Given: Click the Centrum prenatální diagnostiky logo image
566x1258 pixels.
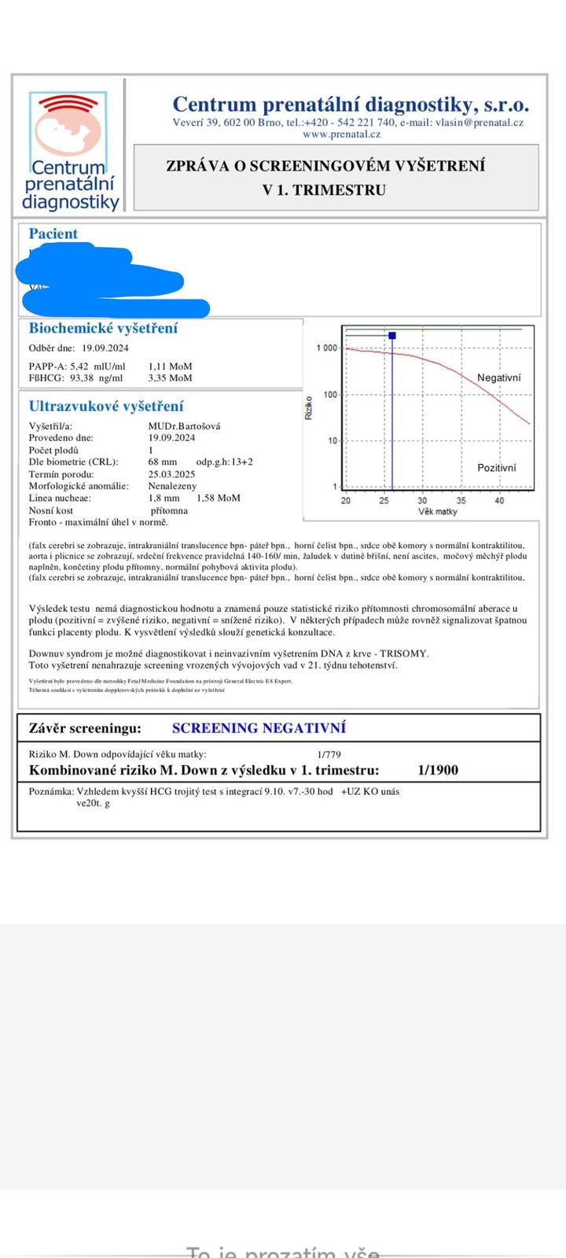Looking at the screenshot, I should click(x=72, y=151).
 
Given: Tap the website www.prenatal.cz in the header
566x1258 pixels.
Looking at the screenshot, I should click(x=341, y=134).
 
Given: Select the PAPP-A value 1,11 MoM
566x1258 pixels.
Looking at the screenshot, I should click(x=170, y=366).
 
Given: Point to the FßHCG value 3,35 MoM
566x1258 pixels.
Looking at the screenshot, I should click(x=170, y=378).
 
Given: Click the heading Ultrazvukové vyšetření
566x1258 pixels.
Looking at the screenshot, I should click(x=106, y=406).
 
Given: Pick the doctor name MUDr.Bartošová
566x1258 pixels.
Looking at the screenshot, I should click(x=184, y=426).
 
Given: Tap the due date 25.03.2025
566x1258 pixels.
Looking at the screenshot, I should click(x=171, y=474).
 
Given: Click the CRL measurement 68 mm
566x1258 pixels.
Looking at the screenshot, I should click(x=163, y=462).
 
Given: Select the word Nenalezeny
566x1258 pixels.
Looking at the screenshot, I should click(x=172, y=486).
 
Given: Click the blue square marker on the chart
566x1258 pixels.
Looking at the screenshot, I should click(x=392, y=336).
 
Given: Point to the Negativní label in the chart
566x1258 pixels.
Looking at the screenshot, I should click(x=498, y=378).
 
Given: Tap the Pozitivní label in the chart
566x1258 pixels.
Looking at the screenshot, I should click(x=497, y=468).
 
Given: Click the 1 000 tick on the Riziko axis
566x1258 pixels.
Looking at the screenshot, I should click(x=326, y=348).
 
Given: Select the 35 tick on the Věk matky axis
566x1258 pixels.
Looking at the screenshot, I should click(x=461, y=501).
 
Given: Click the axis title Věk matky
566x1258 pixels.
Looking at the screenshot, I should click(x=438, y=512).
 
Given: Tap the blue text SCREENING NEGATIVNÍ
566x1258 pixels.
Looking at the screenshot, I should click(x=259, y=728).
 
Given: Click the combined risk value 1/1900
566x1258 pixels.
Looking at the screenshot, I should click(x=438, y=771).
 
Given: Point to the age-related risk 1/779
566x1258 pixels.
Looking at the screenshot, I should click(x=329, y=755).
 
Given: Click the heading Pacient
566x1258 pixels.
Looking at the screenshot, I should click(x=53, y=234).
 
